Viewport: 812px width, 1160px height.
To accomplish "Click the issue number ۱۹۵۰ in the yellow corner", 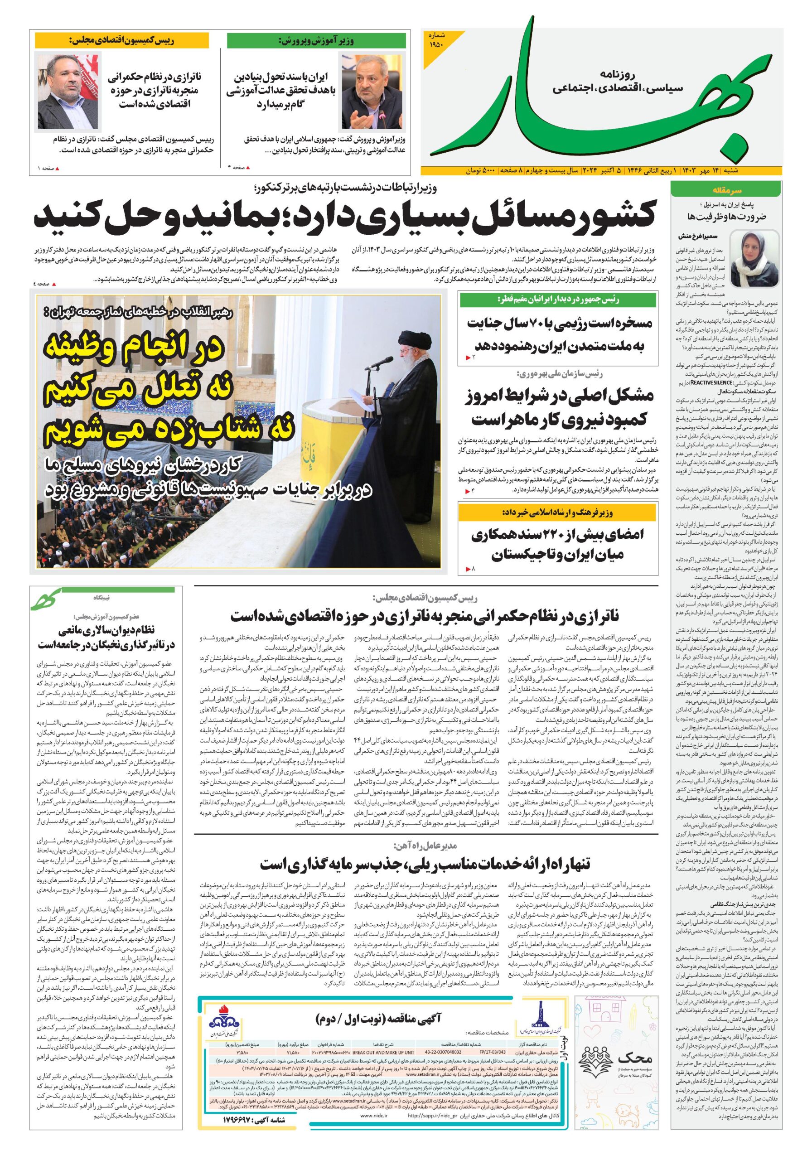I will [x=435, y=45].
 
